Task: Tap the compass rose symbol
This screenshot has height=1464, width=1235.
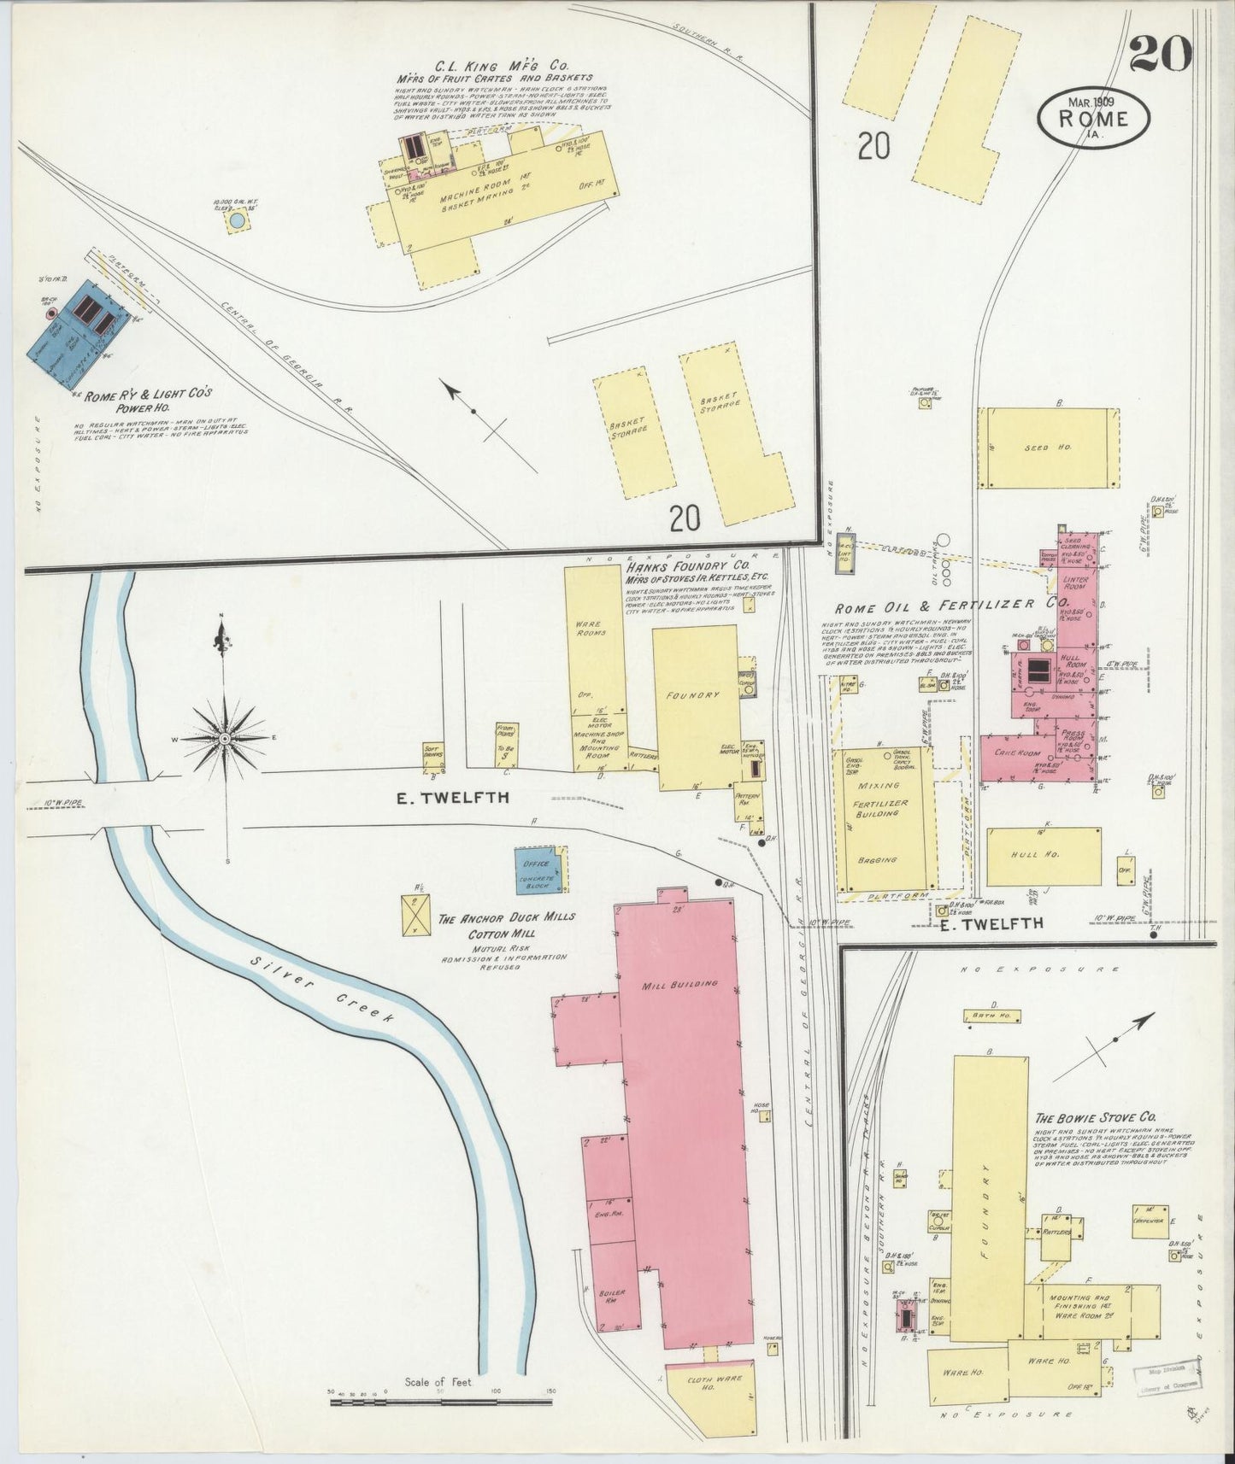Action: point(224,737)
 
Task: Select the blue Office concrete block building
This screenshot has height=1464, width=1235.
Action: point(538,871)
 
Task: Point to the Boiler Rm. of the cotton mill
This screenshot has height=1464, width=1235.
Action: point(613,1297)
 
